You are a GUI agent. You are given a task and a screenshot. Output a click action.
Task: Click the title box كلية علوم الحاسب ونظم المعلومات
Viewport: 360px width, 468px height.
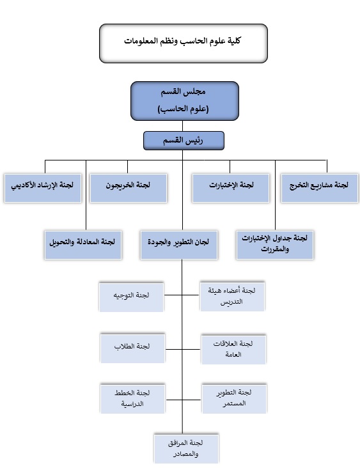tap(184, 43)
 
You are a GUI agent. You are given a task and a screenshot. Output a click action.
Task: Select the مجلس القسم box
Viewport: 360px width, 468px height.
tap(185, 101)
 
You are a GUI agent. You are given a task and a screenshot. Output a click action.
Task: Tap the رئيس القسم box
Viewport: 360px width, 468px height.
tap(184, 141)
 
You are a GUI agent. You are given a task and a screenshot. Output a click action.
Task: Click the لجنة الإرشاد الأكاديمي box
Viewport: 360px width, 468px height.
tap(43, 189)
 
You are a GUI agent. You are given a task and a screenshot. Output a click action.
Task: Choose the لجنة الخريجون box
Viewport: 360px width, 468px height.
tap(129, 189)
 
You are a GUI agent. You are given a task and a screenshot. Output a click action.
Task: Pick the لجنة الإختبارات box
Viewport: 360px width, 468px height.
tap(231, 189)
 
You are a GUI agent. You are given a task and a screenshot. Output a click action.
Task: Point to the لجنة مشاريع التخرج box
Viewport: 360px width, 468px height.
tap(320, 189)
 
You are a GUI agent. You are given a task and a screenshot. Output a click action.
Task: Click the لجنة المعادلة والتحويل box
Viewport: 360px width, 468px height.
tap(83, 245)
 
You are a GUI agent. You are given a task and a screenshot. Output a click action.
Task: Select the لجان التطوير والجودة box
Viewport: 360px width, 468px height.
tap(179, 245)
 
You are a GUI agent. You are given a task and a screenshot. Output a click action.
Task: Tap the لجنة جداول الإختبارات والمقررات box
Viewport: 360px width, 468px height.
tap(275, 245)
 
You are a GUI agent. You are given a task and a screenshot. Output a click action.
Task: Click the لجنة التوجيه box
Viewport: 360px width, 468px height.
tap(131, 297)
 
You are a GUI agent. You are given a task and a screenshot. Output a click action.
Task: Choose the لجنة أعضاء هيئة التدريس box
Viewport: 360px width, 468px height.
tap(232, 297)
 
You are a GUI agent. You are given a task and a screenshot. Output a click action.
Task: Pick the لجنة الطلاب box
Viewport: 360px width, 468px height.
tap(132, 348)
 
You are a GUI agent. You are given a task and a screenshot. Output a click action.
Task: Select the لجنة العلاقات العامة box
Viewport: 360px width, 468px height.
tap(233, 350)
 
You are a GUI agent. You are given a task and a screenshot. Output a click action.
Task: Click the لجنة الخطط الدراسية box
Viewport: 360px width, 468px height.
tap(132, 399)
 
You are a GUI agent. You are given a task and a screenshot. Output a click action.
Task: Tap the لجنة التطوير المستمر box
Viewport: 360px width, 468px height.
tap(234, 399)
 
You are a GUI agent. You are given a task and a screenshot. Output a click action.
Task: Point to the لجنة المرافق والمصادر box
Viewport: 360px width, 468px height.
tap(186, 449)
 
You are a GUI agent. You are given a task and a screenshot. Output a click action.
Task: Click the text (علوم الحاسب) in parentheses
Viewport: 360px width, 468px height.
tap(184, 109)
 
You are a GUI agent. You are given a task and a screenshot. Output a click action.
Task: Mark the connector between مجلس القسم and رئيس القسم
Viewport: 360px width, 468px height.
tap(182, 126)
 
